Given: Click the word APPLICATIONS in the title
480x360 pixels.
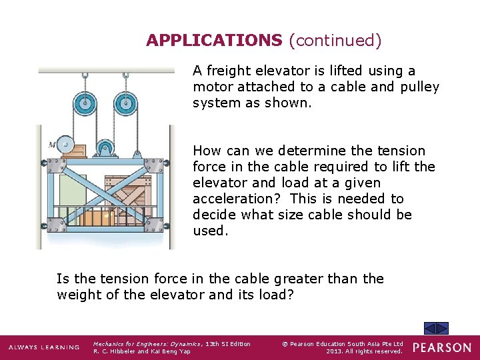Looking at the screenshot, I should [214, 41].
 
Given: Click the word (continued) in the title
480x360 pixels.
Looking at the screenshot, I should [335, 41].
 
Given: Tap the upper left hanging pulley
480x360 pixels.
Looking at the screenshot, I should [84, 103].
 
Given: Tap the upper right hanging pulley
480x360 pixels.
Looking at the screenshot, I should [124, 103].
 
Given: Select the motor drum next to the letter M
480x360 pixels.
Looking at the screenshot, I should [65, 144].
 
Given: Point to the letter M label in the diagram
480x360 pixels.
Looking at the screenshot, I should [52, 144].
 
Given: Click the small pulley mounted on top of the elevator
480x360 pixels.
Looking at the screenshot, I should [105, 148].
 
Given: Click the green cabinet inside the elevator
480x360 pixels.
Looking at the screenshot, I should [72, 193].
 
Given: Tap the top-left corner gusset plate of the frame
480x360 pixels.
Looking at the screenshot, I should [49, 164].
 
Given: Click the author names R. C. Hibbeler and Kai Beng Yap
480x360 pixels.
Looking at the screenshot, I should [142, 351].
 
